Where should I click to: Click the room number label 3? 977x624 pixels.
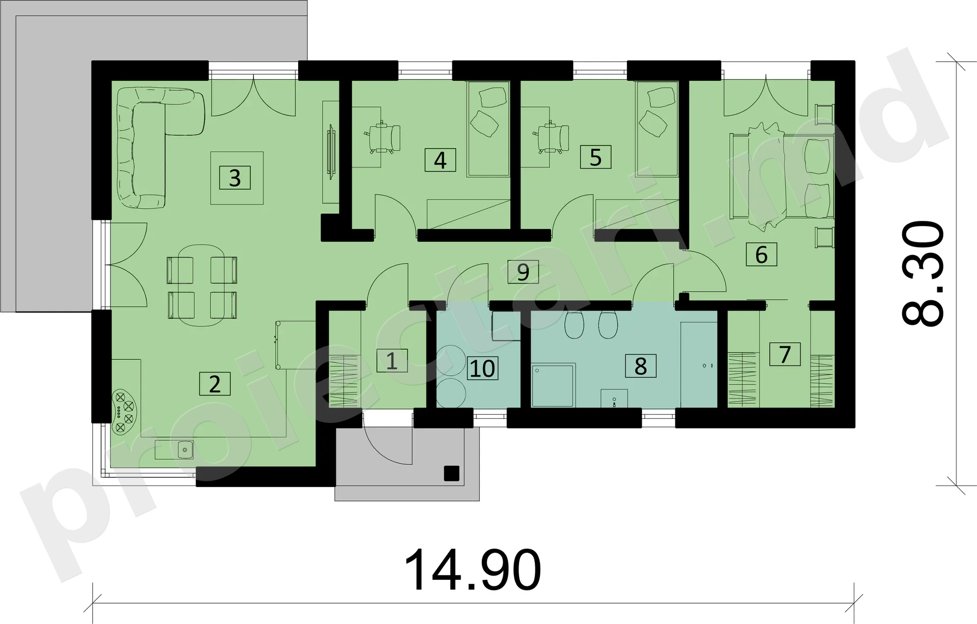[235, 178]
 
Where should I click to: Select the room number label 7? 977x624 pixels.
[785, 354]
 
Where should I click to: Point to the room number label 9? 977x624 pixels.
[523, 272]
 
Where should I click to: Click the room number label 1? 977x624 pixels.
[392, 361]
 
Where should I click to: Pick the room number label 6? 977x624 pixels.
[761, 254]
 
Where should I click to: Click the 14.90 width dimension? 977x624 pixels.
[473, 570]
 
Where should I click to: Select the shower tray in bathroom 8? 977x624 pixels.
[553, 385]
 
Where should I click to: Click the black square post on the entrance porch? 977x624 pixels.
[451, 473]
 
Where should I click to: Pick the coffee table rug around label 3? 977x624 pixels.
[237, 178]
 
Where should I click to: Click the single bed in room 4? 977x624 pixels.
[488, 129]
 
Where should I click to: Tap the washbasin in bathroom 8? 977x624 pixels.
[614, 398]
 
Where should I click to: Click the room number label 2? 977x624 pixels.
[215, 384]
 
